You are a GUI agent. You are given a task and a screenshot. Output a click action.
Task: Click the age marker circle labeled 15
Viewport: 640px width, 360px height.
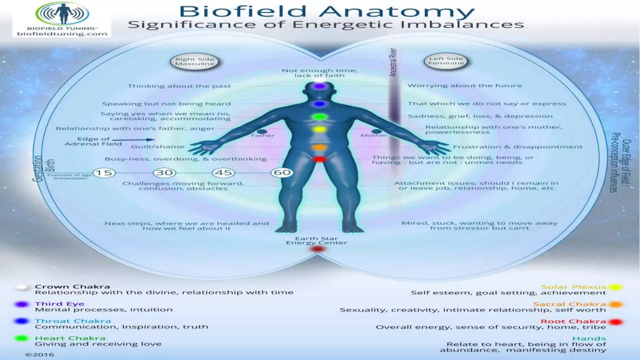pos(104,173)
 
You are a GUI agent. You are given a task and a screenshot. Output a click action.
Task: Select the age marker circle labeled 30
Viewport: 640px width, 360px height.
pos(164,172)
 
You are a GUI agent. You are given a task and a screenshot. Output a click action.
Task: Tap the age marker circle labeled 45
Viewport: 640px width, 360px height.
pos(224,172)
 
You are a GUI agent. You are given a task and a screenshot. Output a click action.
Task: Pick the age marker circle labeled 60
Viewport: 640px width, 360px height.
pos(282,172)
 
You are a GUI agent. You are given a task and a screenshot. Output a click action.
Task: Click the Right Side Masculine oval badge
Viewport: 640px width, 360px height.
pos(194,62)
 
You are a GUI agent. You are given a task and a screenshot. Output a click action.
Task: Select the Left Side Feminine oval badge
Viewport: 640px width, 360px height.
pos(446,61)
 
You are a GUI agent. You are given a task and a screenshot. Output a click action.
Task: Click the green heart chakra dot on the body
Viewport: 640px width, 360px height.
pos(319,117)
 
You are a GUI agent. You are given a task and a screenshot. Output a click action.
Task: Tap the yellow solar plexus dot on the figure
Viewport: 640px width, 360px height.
pos(319,129)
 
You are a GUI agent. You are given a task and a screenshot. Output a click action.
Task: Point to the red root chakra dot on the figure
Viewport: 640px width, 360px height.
pos(319,159)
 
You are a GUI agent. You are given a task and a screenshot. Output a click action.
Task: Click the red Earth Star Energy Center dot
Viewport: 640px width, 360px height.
pos(318,249)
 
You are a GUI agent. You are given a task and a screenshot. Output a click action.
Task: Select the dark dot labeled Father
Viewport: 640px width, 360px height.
pos(262,132)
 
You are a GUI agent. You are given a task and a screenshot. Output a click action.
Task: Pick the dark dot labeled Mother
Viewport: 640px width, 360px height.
pos(376,131)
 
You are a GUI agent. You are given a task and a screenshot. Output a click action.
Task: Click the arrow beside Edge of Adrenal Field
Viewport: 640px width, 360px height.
pos(134,140)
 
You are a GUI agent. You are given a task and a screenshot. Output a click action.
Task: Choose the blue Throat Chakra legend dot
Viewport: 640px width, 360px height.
pos(22,321)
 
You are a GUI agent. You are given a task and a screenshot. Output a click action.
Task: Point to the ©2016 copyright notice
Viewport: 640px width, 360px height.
pos(40,355)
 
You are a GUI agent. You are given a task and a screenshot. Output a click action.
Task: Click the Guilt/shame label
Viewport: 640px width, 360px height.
pos(157,147)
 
